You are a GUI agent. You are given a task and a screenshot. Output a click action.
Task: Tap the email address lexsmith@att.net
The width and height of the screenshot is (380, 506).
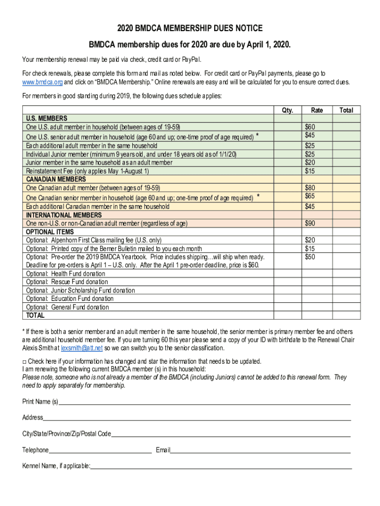(82, 348)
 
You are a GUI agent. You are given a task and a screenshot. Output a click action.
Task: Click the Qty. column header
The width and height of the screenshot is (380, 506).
(287, 110)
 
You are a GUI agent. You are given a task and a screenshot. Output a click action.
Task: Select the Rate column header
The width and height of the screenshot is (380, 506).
(317, 110)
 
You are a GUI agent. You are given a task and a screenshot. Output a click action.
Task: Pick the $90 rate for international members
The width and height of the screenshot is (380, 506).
(310, 223)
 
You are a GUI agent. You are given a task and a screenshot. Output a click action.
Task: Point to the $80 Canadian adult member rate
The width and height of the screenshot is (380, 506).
(310, 188)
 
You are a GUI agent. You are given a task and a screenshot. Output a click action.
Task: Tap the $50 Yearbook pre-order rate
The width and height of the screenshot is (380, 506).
(310, 257)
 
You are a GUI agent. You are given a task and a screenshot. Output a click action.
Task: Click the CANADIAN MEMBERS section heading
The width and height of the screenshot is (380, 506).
(56, 179)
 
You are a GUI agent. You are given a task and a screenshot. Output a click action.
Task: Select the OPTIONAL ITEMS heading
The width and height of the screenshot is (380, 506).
(50, 232)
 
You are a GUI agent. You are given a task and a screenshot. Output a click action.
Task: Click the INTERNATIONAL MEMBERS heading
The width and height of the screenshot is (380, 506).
(64, 215)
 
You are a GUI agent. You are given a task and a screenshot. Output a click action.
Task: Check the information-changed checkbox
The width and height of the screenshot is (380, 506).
(25, 361)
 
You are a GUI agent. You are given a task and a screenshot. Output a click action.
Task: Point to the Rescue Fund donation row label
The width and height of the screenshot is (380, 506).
(67, 282)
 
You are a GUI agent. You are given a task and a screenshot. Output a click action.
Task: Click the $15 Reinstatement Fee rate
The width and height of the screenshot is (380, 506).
(310, 171)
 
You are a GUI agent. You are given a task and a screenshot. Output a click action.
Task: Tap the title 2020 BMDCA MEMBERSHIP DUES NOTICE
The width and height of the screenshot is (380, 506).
(190, 28)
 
